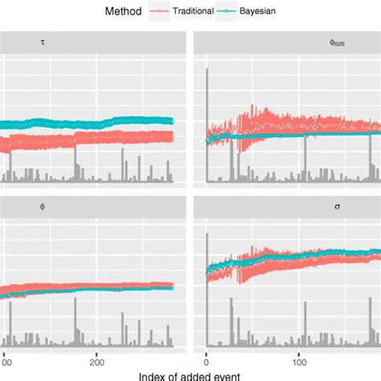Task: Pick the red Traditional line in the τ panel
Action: point(96,140)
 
